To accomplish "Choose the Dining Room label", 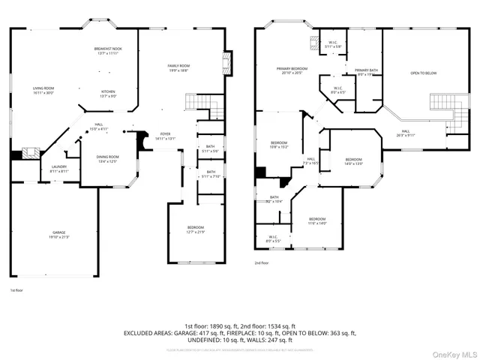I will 107,158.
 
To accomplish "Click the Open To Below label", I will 423,73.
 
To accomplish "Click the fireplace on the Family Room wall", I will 227,67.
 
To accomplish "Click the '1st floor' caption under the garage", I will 16,289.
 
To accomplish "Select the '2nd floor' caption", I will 261,263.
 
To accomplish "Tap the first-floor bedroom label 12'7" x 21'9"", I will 195,229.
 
